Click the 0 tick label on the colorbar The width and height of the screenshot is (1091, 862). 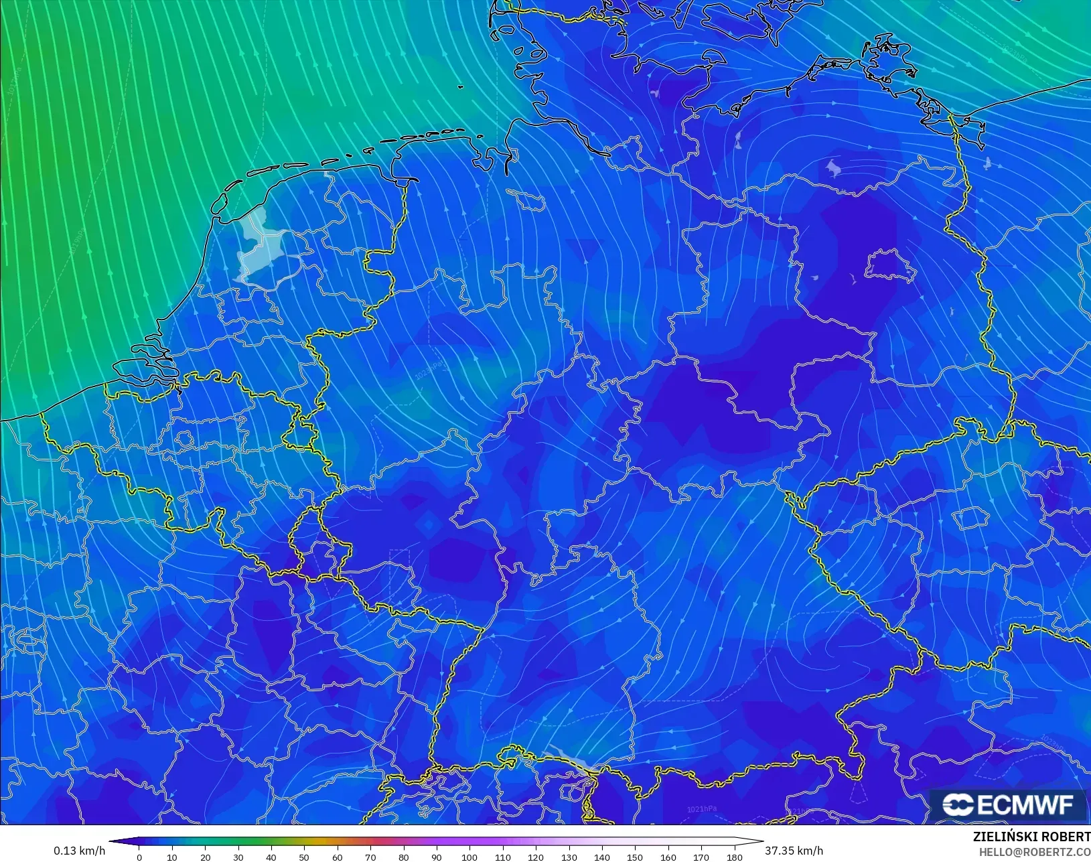(139, 857)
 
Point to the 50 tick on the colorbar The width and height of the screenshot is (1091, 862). (305, 857)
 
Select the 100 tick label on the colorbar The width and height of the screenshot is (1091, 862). (469, 857)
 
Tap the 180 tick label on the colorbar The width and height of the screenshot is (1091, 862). (734, 857)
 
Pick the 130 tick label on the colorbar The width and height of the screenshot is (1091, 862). (569, 857)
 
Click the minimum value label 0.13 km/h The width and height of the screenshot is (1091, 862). (79, 851)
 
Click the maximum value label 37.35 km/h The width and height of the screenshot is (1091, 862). (794, 851)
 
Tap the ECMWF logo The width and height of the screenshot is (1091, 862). (1007, 804)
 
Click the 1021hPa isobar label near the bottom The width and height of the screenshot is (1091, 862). (701, 809)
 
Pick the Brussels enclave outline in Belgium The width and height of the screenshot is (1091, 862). (185, 439)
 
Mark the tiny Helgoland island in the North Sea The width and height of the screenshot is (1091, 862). (461, 87)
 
